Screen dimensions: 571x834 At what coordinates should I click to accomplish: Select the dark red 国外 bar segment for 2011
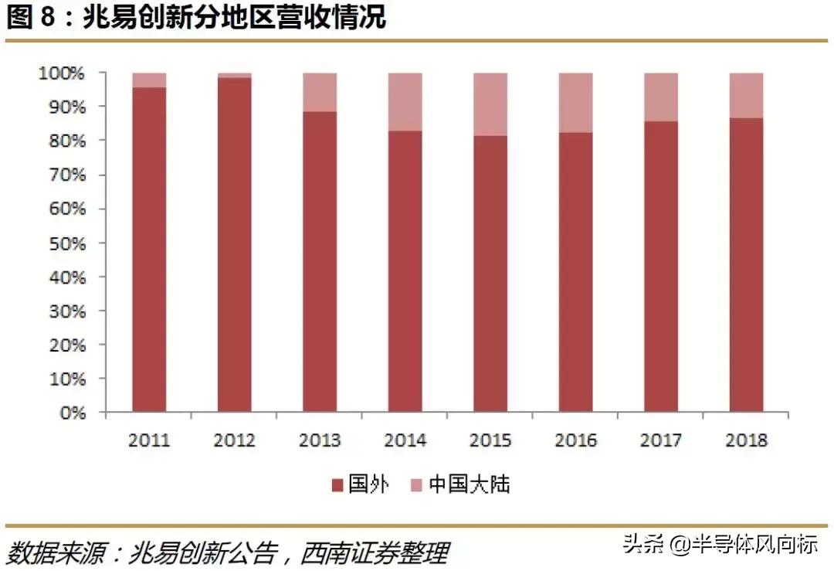click(149, 247)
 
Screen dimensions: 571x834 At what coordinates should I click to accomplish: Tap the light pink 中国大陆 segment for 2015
click(490, 104)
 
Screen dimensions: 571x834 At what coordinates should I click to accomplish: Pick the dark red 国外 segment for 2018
click(746, 263)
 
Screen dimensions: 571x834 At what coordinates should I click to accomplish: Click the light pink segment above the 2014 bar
click(405, 101)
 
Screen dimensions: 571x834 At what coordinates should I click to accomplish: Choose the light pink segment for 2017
click(661, 97)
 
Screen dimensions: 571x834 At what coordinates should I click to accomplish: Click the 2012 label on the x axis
click(234, 440)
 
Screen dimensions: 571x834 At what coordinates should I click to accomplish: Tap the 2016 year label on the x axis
click(575, 440)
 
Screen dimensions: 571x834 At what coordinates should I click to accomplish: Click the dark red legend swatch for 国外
click(337, 485)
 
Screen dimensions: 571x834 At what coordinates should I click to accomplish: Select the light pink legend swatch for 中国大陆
click(416, 485)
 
